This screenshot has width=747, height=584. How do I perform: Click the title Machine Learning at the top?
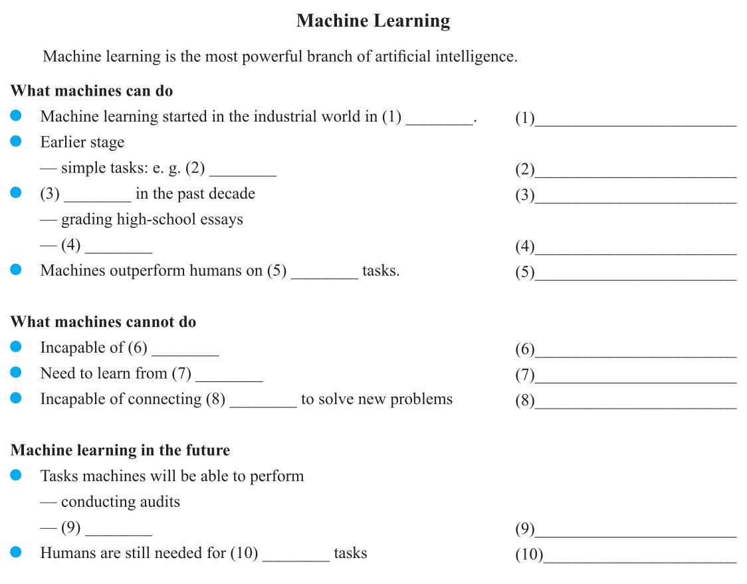pyautogui.click(x=373, y=21)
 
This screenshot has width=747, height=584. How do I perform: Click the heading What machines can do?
pyautogui.click(x=92, y=90)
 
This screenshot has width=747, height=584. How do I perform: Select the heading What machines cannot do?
pyautogui.click(x=103, y=322)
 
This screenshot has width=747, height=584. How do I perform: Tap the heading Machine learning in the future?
pyautogui.click(x=120, y=450)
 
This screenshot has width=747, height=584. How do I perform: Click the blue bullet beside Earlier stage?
pyautogui.click(x=17, y=142)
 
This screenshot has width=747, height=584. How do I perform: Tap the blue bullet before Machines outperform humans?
pyautogui.click(x=17, y=270)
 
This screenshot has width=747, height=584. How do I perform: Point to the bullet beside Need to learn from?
pyautogui.click(x=17, y=373)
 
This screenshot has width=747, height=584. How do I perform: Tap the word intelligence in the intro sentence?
pyautogui.click(x=475, y=56)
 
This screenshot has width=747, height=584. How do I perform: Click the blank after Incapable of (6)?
pyautogui.click(x=185, y=351)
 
